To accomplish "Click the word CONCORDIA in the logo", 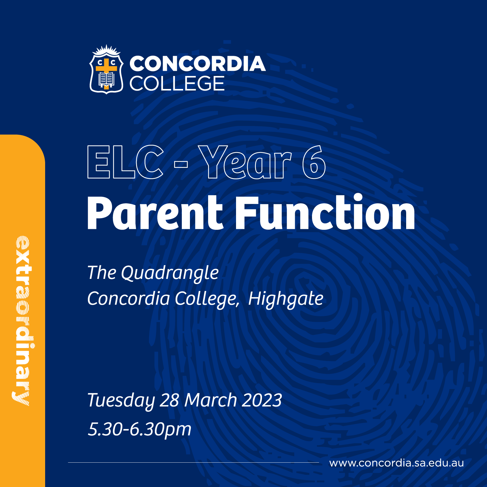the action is (x=197, y=64).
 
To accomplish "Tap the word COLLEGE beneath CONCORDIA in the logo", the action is (x=177, y=83).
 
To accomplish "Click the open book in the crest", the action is (x=106, y=79).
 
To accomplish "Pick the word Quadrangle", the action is (x=170, y=273).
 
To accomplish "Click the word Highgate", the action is (x=286, y=299).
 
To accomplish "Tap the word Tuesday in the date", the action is (x=121, y=400).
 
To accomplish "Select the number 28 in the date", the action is (x=169, y=400).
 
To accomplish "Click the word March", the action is (x=211, y=400).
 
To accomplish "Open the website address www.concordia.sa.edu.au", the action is (x=396, y=463).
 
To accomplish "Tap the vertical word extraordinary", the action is (x=22, y=321).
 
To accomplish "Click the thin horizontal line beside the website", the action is (x=194, y=462).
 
